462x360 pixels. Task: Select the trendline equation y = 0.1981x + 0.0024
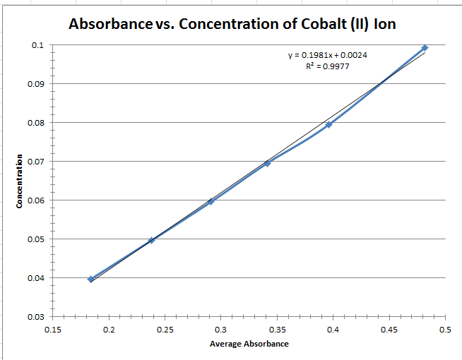point(326,55)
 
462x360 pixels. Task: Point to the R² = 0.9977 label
point(326,66)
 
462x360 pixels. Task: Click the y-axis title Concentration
point(20,181)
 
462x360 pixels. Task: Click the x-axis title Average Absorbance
point(249,344)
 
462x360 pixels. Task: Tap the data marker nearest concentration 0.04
point(90,279)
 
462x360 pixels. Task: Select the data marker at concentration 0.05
point(151,240)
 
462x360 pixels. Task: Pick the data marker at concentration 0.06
point(211,201)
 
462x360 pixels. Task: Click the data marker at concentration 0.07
point(267,163)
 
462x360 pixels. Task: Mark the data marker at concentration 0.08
point(328,124)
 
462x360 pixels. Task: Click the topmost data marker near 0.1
point(425,48)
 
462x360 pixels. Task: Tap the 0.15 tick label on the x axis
point(53,329)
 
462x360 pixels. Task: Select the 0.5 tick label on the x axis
point(444,329)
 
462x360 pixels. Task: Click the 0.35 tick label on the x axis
point(276,329)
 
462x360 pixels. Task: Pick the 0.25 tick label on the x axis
point(165,329)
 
